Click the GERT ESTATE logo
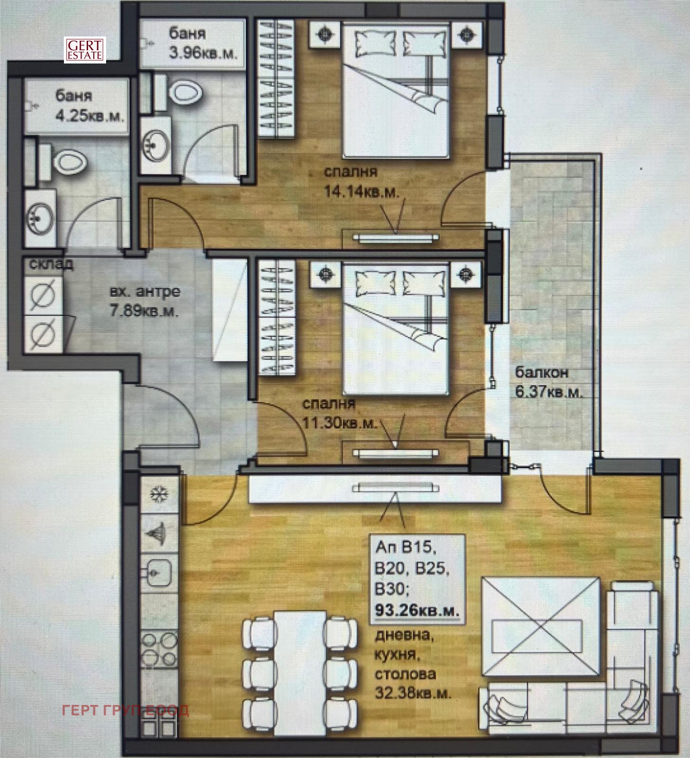point(85,50)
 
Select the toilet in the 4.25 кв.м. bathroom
point(69,162)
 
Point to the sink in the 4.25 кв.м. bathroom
point(40,218)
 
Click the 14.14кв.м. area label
point(361,192)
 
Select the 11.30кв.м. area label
point(340,423)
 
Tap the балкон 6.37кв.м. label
point(548,382)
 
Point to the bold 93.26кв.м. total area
point(417,610)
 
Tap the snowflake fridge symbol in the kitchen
point(159,494)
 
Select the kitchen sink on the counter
point(159,572)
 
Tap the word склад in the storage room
point(51,264)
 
